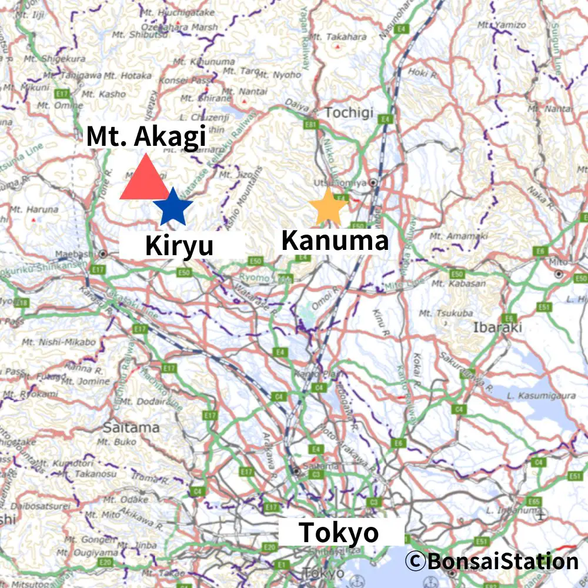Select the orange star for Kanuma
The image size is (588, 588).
coord(328,208)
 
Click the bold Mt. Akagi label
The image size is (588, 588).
coord(146,137)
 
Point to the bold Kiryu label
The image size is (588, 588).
coord(179,246)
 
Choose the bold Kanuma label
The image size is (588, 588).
coord(335,240)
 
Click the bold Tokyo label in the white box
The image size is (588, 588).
coord(339,533)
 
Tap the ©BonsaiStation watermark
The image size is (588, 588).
coord(492,561)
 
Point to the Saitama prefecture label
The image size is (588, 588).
coord(131,427)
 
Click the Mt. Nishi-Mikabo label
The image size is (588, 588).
coord(58,342)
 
